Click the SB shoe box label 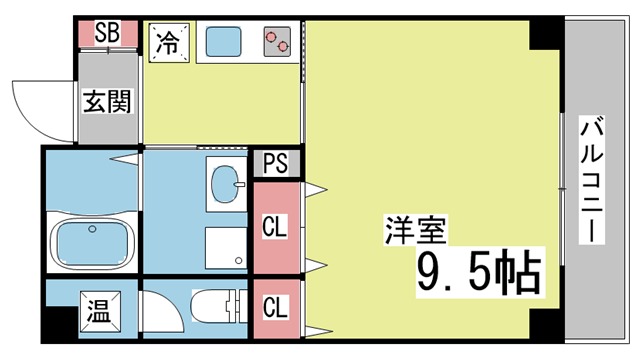pyautogui.click(x=107, y=33)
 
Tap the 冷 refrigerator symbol pyautogui.click(x=169, y=43)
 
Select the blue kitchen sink pyautogui.click(x=223, y=42)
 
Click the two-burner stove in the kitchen pyautogui.click(x=277, y=42)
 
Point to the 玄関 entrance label pyautogui.click(x=107, y=102)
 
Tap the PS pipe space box pyautogui.click(x=276, y=163)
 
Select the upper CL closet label pyautogui.click(x=274, y=227)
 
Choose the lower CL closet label pyautogui.click(x=275, y=307)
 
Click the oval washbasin pyautogui.click(x=225, y=184)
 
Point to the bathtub pyautogui.click(x=92, y=242)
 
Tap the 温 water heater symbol pyautogui.click(x=100, y=312)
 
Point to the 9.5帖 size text pyautogui.click(x=479, y=271)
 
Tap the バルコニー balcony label pyautogui.click(x=591, y=180)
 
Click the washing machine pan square pyautogui.click(x=226, y=248)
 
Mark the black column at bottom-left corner pyautogui.click(x=60, y=324)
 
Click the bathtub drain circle pyautogui.click(x=92, y=229)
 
